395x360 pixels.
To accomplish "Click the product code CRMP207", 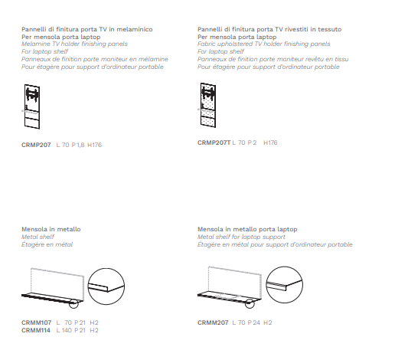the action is (x=36, y=145).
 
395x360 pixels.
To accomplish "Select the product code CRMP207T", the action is (x=214, y=142).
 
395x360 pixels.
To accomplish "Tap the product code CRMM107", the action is (x=36, y=322).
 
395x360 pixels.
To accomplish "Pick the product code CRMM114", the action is (x=36, y=330).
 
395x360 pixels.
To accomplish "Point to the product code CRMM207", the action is (x=213, y=322).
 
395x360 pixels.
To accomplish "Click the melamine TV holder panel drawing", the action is (x=32, y=106).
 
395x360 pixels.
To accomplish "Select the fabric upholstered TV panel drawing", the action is (x=208, y=105).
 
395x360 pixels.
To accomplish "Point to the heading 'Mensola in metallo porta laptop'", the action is (x=247, y=229).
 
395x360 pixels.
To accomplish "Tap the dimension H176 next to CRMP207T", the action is (x=270, y=142).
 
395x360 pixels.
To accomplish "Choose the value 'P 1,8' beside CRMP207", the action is (x=78, y=145).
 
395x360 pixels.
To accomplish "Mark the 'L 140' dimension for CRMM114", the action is (x=64, y=330).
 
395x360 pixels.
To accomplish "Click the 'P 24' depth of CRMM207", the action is (x=254, y=322).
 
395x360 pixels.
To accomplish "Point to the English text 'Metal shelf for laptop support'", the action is (x=241, y=237).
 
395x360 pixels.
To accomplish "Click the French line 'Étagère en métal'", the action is (x=47, y=244).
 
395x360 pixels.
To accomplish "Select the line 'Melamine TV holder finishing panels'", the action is (x=74, y=44).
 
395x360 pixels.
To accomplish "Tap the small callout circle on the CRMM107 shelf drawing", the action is (x=73, y=304).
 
